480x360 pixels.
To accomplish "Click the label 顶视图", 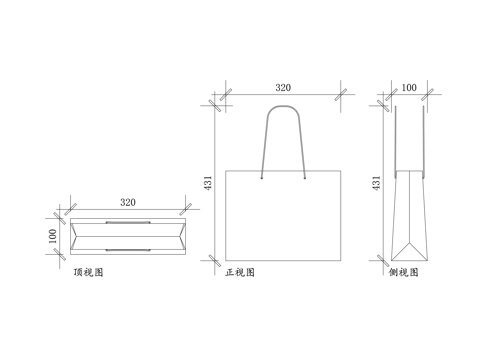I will click(89, 271).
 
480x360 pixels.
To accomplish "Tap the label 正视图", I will click(241, 271).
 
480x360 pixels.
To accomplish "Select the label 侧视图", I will click(402, 271).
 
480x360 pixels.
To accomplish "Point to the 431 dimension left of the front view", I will click(208, 182).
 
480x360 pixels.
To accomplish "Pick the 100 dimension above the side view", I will click(408, 88).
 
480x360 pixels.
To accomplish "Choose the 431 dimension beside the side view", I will click(376, 182).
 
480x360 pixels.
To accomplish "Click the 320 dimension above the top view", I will click(128, 202).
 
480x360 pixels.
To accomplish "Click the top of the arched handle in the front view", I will click(284, 104).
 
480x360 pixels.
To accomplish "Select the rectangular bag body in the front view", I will click(284, 214).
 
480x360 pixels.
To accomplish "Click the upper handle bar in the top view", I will click(128, 221).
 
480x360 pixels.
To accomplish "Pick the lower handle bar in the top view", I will click(128, 248).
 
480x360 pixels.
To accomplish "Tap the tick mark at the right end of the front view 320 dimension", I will click(341, 98).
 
